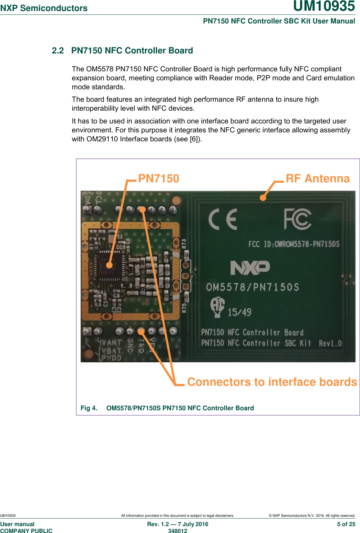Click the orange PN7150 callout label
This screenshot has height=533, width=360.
point(158,179)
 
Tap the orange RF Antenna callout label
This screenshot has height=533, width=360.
point(317,179)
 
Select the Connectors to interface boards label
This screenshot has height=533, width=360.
point(272,382)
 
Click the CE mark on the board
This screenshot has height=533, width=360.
point(223,219)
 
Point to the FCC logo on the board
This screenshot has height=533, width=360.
point(297,219)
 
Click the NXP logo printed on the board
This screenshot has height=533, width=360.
point(250,268)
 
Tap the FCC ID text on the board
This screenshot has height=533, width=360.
point(294,244)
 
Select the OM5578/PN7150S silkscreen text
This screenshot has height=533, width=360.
point(253,287)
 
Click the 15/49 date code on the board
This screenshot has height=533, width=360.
point(239,312)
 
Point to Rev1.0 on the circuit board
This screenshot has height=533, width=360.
point(330,343)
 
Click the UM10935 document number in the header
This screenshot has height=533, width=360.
point(324,6)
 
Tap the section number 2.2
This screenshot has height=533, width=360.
point(58,51)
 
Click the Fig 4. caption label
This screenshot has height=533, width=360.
point(89,408)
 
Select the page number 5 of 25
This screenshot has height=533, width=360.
point(346,524)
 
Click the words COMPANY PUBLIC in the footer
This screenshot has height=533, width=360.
point(26,531)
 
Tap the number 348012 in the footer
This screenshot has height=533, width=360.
point(177,531)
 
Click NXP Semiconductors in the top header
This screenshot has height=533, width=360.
point(44,8)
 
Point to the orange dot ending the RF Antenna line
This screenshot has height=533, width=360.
point(263,198)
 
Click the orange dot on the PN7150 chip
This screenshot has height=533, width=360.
point(109,265)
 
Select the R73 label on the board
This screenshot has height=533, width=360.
point(184,244)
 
